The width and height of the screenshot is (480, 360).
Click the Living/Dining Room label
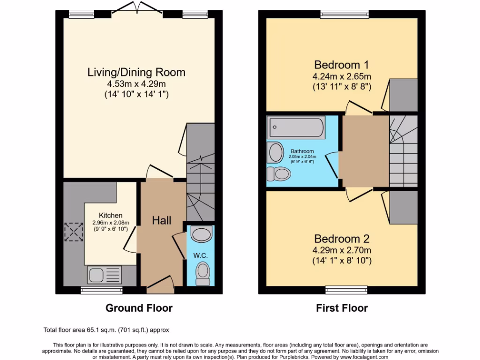(136, 72)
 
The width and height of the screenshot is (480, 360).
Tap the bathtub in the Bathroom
(295, 127)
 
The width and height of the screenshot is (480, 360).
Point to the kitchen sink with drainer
(104, 274)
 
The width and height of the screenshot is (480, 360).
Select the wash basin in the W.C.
(202, 234)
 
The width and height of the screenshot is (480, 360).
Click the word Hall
(161, 220)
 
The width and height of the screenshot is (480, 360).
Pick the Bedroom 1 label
(342, 64)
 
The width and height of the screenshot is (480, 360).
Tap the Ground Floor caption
(139, 308)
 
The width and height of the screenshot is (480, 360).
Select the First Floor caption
(342, 308)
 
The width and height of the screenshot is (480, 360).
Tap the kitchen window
(101, 290)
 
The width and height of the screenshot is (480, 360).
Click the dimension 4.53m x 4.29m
(136, 84)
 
